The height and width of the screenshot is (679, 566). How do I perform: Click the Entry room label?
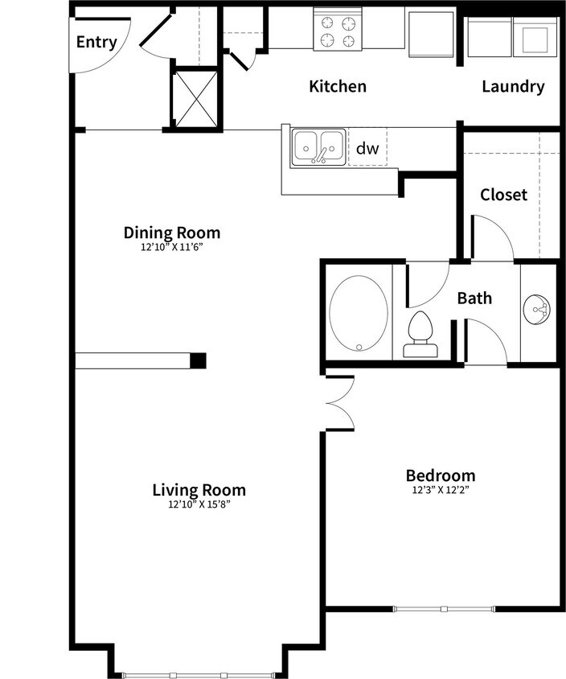[96, 42]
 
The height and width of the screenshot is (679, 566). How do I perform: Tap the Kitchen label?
[338, 86]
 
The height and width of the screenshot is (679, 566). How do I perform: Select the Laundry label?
[513, 86]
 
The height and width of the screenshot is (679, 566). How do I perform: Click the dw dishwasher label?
[367, 148]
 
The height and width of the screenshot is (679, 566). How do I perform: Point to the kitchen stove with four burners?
[338, 31]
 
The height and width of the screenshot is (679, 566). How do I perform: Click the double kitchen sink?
[318, 147]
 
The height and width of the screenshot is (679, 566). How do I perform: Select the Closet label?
[503, 195]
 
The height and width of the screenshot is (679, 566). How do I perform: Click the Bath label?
[474, 298]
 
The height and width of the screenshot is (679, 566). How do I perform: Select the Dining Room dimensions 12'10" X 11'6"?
[171, 248]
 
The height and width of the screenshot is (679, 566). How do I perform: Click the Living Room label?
[199, 490]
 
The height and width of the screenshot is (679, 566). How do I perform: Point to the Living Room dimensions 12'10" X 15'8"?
[199, 505]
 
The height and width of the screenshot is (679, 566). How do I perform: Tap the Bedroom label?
[440, 475]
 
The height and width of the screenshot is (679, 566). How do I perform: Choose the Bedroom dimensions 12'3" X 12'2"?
[440, 490]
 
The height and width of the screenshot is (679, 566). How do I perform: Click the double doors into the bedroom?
[340, 402]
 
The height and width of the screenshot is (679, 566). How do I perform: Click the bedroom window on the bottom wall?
[443, 608]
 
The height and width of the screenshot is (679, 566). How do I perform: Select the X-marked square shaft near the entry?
[195, 97]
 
